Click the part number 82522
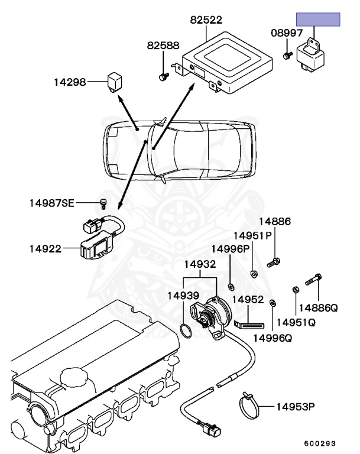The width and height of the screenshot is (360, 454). click(206, 20)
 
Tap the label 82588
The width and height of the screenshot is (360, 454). click(163, 45)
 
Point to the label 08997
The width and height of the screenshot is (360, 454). click(287, 34)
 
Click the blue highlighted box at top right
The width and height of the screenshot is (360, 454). click(319, 20)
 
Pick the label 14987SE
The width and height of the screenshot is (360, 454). click(52, 204)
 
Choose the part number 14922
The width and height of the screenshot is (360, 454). click(46, 249)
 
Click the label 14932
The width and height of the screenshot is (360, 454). click(199, 264)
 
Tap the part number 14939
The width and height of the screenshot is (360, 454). click(183, 295)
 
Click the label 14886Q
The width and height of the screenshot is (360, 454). click(317, 308)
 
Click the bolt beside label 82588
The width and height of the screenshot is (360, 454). click(163, 76)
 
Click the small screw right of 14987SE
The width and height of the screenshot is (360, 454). click(103, 203)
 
